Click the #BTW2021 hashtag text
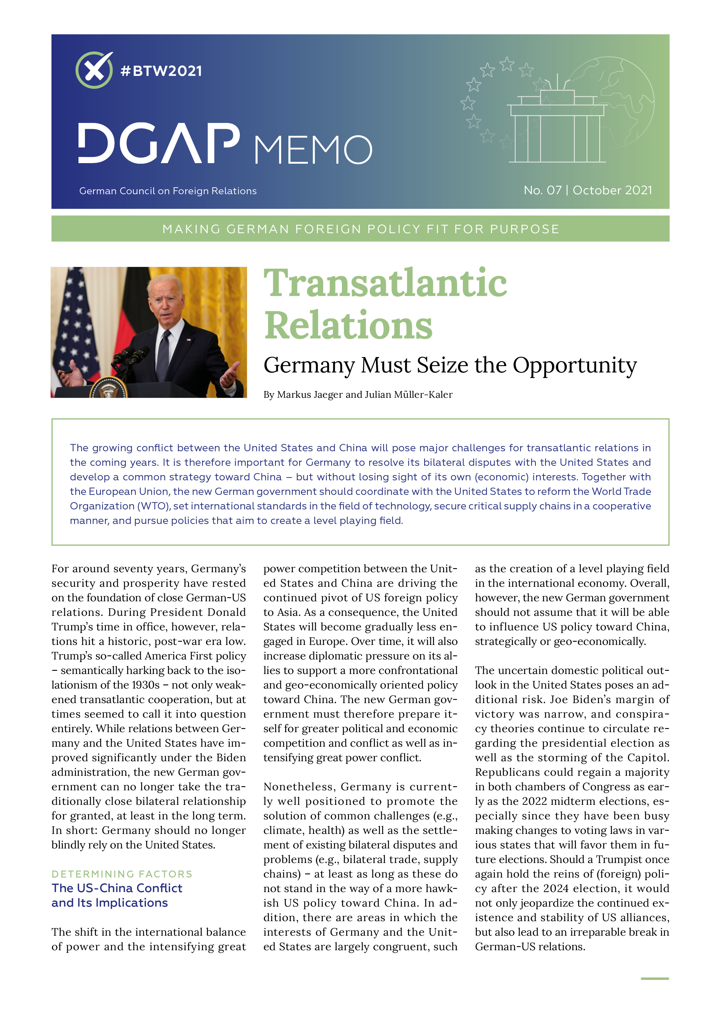tap(161, 71)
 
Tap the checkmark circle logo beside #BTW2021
tap(94, 70)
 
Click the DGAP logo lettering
tap(159, 144)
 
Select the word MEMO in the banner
tap(313, 150)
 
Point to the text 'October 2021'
tap(612, 190)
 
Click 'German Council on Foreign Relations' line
tap(168, 191)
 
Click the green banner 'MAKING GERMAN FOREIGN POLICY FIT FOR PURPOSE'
tap(360, 229)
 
